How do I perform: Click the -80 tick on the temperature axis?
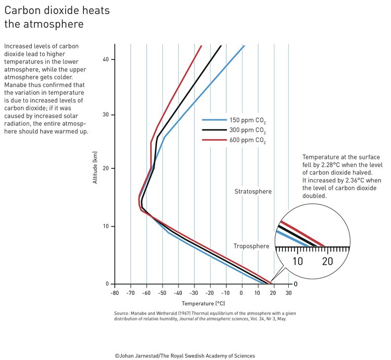point(115,293)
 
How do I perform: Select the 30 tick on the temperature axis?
point(289,293)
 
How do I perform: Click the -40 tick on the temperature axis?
point(178,293)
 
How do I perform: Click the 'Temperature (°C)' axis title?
point(203,303)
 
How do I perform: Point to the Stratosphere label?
point(252,192)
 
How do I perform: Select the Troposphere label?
point(251,246)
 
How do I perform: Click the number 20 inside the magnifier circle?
point(327,262)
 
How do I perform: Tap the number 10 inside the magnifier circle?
point(297,262)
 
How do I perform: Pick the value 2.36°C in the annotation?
point(351,180)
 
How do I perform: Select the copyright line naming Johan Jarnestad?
point(185,356)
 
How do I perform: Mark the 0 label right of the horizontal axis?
point(296,284)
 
